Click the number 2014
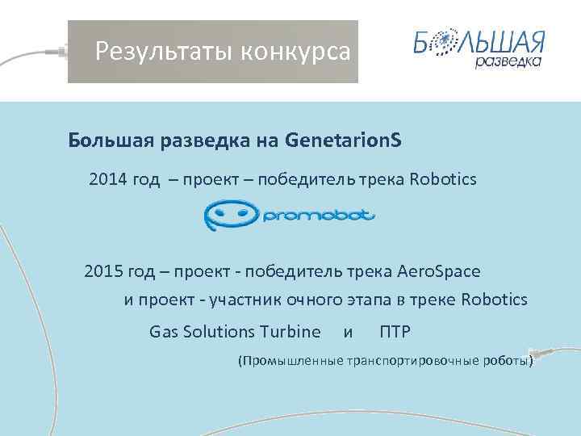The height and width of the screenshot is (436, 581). (x=107, y=178)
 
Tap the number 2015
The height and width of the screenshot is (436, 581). (x=102, y=270)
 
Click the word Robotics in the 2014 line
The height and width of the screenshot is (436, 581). (x=443, y=178)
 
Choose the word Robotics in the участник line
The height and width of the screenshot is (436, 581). (x=494, y=300)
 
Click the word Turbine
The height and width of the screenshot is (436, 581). (x=290, y=331)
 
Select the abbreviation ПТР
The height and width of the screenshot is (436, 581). (x=395, y=331)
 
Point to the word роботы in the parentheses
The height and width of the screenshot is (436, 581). (x=508, y=362)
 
